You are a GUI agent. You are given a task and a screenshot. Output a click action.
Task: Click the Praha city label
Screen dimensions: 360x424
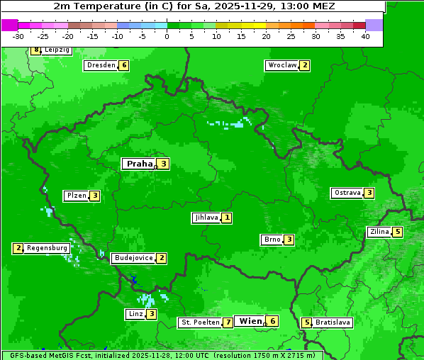point(139,164)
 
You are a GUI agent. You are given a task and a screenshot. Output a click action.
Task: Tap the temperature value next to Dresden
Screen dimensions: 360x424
point(124,65)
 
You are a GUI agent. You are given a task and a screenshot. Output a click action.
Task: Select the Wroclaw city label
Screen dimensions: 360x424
point(281,65)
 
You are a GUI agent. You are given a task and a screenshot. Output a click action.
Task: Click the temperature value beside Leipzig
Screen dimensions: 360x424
point(36,50)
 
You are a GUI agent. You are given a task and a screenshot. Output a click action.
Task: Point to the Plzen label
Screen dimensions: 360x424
point(77,196)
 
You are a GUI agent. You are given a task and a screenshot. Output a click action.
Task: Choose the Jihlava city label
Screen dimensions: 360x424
point(206,218)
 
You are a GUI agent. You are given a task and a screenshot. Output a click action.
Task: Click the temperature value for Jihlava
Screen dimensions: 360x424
point(226,218)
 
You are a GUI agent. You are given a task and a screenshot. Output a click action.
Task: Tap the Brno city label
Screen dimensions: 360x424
point(272,240)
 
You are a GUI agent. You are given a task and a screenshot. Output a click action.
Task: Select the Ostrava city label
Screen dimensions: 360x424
point(347,193)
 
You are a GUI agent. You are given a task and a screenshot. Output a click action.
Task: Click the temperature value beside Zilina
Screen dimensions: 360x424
point(398,232)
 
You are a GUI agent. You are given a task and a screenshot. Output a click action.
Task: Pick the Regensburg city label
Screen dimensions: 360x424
point(48,248)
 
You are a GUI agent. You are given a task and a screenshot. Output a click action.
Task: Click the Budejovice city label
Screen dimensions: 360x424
point(133,258)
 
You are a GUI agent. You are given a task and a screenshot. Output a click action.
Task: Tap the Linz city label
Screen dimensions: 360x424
point(135,314)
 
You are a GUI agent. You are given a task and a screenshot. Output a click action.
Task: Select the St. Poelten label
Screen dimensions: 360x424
point(199,322)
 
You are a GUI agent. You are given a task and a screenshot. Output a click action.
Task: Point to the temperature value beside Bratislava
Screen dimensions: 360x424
point(306,322)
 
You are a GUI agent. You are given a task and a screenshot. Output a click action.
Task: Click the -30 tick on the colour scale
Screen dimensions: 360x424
point(18,36)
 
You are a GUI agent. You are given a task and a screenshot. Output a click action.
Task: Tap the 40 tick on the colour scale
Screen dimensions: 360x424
point(365,36)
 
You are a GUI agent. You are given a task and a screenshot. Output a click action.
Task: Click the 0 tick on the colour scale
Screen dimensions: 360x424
point(167,36)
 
